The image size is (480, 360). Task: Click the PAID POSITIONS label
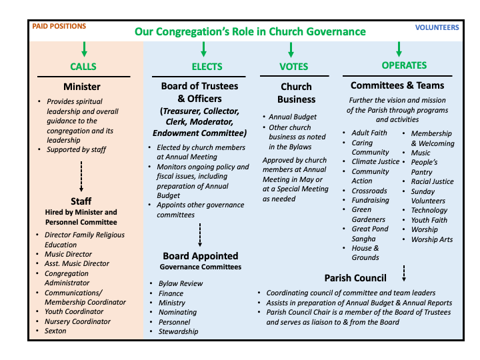59,26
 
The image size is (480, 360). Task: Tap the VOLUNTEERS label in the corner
437,27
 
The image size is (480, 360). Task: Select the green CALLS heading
83,67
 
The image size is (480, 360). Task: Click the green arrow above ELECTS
203,49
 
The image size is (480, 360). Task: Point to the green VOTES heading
293,67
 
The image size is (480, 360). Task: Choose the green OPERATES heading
404,65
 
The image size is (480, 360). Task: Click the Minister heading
82,87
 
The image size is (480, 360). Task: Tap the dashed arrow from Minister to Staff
81,177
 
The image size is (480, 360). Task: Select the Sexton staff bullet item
55,331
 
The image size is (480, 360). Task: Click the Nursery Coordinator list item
77,321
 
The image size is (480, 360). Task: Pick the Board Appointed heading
201,256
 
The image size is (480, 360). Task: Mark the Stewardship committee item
179,331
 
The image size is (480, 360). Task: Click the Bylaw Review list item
181,283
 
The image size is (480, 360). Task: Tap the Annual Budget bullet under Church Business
293,117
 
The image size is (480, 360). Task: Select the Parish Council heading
355,278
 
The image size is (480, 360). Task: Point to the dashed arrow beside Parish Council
404,273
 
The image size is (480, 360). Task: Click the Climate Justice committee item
375,161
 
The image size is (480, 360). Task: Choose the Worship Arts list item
432,239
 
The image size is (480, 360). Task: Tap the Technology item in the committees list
429,210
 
